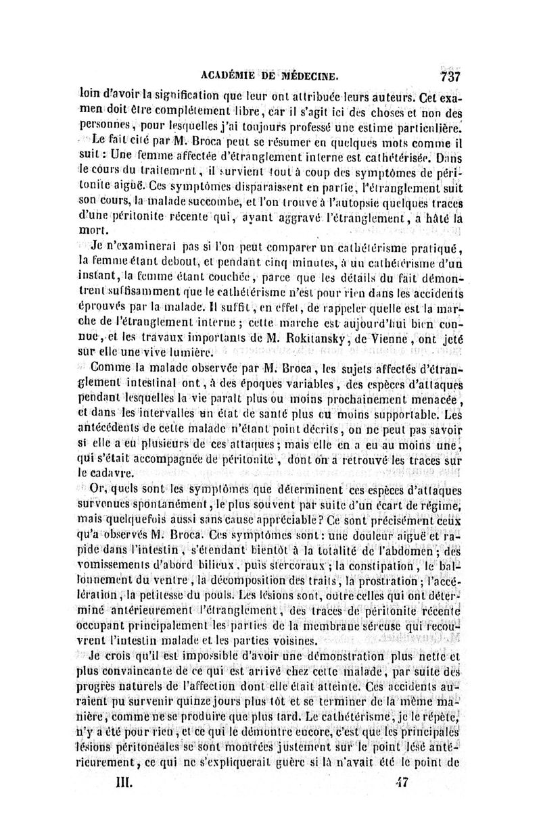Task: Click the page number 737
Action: pos(450,75)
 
